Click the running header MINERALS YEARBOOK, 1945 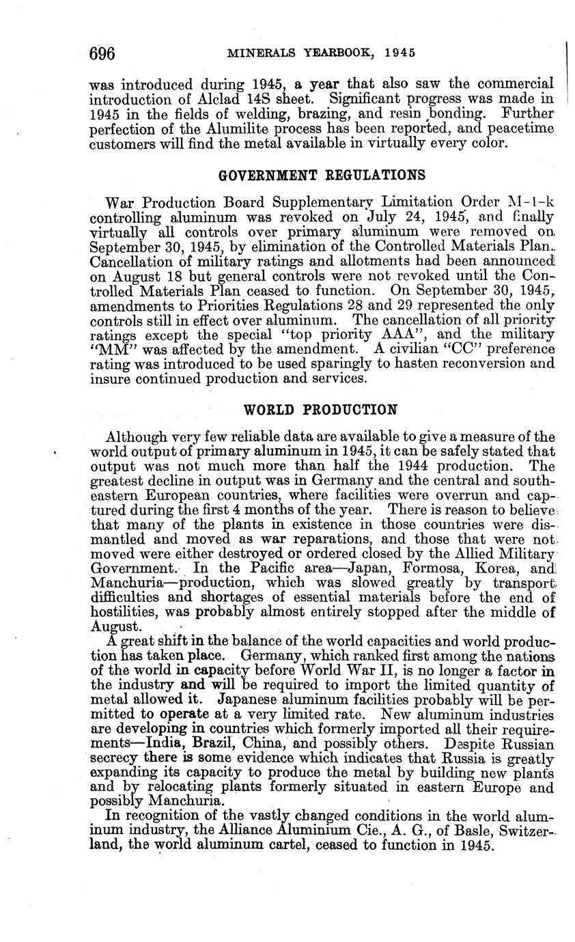(x=322, y=53)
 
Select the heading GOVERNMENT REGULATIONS (x=321, y=176)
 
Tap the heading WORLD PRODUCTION (x=321, y=410)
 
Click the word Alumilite (x=228, y=128)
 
